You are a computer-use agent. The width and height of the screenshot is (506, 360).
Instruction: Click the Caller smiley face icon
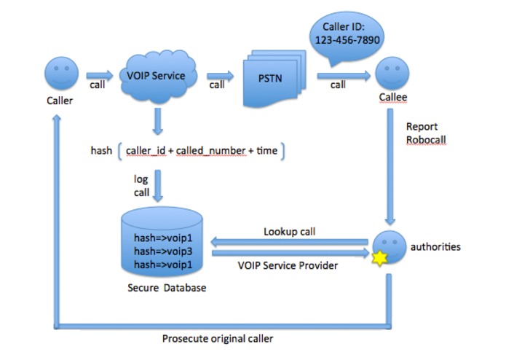coord(60,74)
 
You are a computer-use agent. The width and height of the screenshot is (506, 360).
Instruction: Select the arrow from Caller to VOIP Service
coord(99,74)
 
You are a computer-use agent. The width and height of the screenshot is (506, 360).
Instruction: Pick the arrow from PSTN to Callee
coord(341,74)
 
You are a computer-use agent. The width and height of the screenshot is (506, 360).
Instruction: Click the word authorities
coord(435,246)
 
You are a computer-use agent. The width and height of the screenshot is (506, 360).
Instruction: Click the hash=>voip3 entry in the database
coord(161,250)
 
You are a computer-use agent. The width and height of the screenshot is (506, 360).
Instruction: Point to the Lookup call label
coord(289,232)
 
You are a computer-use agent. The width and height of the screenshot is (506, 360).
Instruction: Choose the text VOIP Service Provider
coord(288,266)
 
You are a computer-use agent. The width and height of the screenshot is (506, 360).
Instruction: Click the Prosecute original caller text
coord(218,339)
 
